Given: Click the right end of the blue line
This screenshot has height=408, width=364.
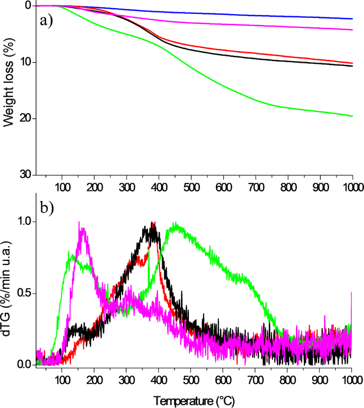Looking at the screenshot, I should coord(352,19).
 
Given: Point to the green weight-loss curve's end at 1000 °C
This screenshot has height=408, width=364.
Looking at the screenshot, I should coord(352,116).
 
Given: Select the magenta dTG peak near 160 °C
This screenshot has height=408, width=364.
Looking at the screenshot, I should coord(80,223).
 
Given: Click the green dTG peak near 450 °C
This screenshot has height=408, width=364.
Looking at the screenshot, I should coord(176,224).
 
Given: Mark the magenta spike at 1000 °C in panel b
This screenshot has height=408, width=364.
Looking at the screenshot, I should coord(352,293).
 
